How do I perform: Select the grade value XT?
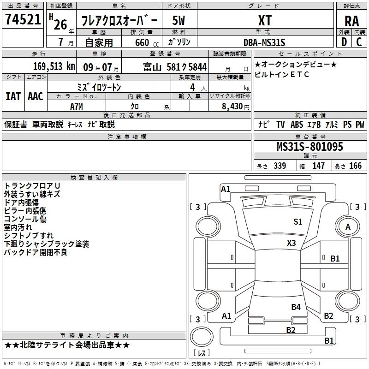coord(265,20)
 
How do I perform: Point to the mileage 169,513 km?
coord(54,66)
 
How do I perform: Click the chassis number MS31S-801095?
coord(310,147)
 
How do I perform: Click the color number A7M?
coord(77,106)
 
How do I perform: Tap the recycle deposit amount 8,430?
coord(231,107)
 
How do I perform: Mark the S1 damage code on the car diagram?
coord(298,222)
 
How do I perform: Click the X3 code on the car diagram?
coord(292,243)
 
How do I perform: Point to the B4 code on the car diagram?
coord(296,307)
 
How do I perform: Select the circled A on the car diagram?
coord(348,226)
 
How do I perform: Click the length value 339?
coord(280,166)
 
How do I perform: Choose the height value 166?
coord(356,166)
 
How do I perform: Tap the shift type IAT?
coord(13,96)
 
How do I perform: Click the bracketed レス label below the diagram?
coord(202,353)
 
